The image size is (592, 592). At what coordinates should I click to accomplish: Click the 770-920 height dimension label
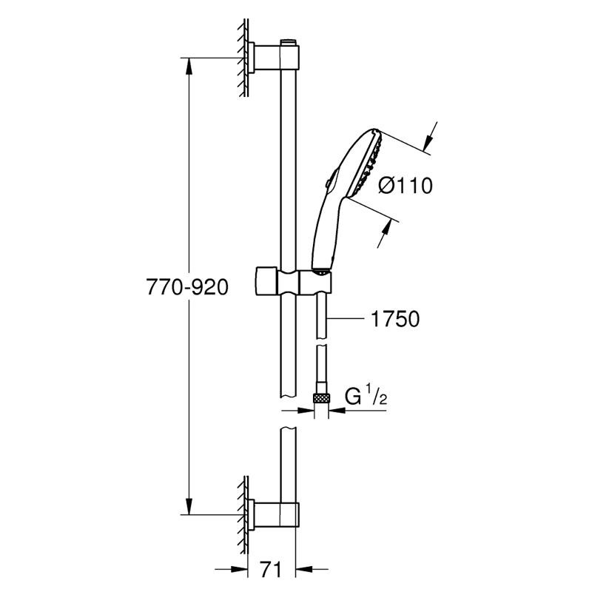[187, 287]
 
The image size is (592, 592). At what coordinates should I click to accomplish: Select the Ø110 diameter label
[406, 186]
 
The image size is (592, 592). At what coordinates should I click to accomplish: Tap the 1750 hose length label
[395, 319]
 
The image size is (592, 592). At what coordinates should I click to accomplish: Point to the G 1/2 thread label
[366, 397]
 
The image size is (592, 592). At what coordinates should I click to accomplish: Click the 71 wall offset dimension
[271, 570]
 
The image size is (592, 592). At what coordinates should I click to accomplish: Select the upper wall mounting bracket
[274, 58]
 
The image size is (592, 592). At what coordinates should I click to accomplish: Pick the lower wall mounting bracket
[274, 514]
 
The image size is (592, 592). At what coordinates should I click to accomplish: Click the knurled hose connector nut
[321, 398]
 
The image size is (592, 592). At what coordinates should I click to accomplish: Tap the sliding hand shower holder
[293, 282]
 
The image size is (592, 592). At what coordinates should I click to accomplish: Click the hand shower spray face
[366, 164]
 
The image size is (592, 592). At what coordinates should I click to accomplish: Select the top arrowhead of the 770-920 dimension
[189, 67]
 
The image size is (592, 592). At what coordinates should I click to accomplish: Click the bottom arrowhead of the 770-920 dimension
[189, 505]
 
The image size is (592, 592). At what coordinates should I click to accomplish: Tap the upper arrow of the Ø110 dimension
[429, 141]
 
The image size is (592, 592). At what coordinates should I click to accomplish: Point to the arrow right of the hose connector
[337, 410]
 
